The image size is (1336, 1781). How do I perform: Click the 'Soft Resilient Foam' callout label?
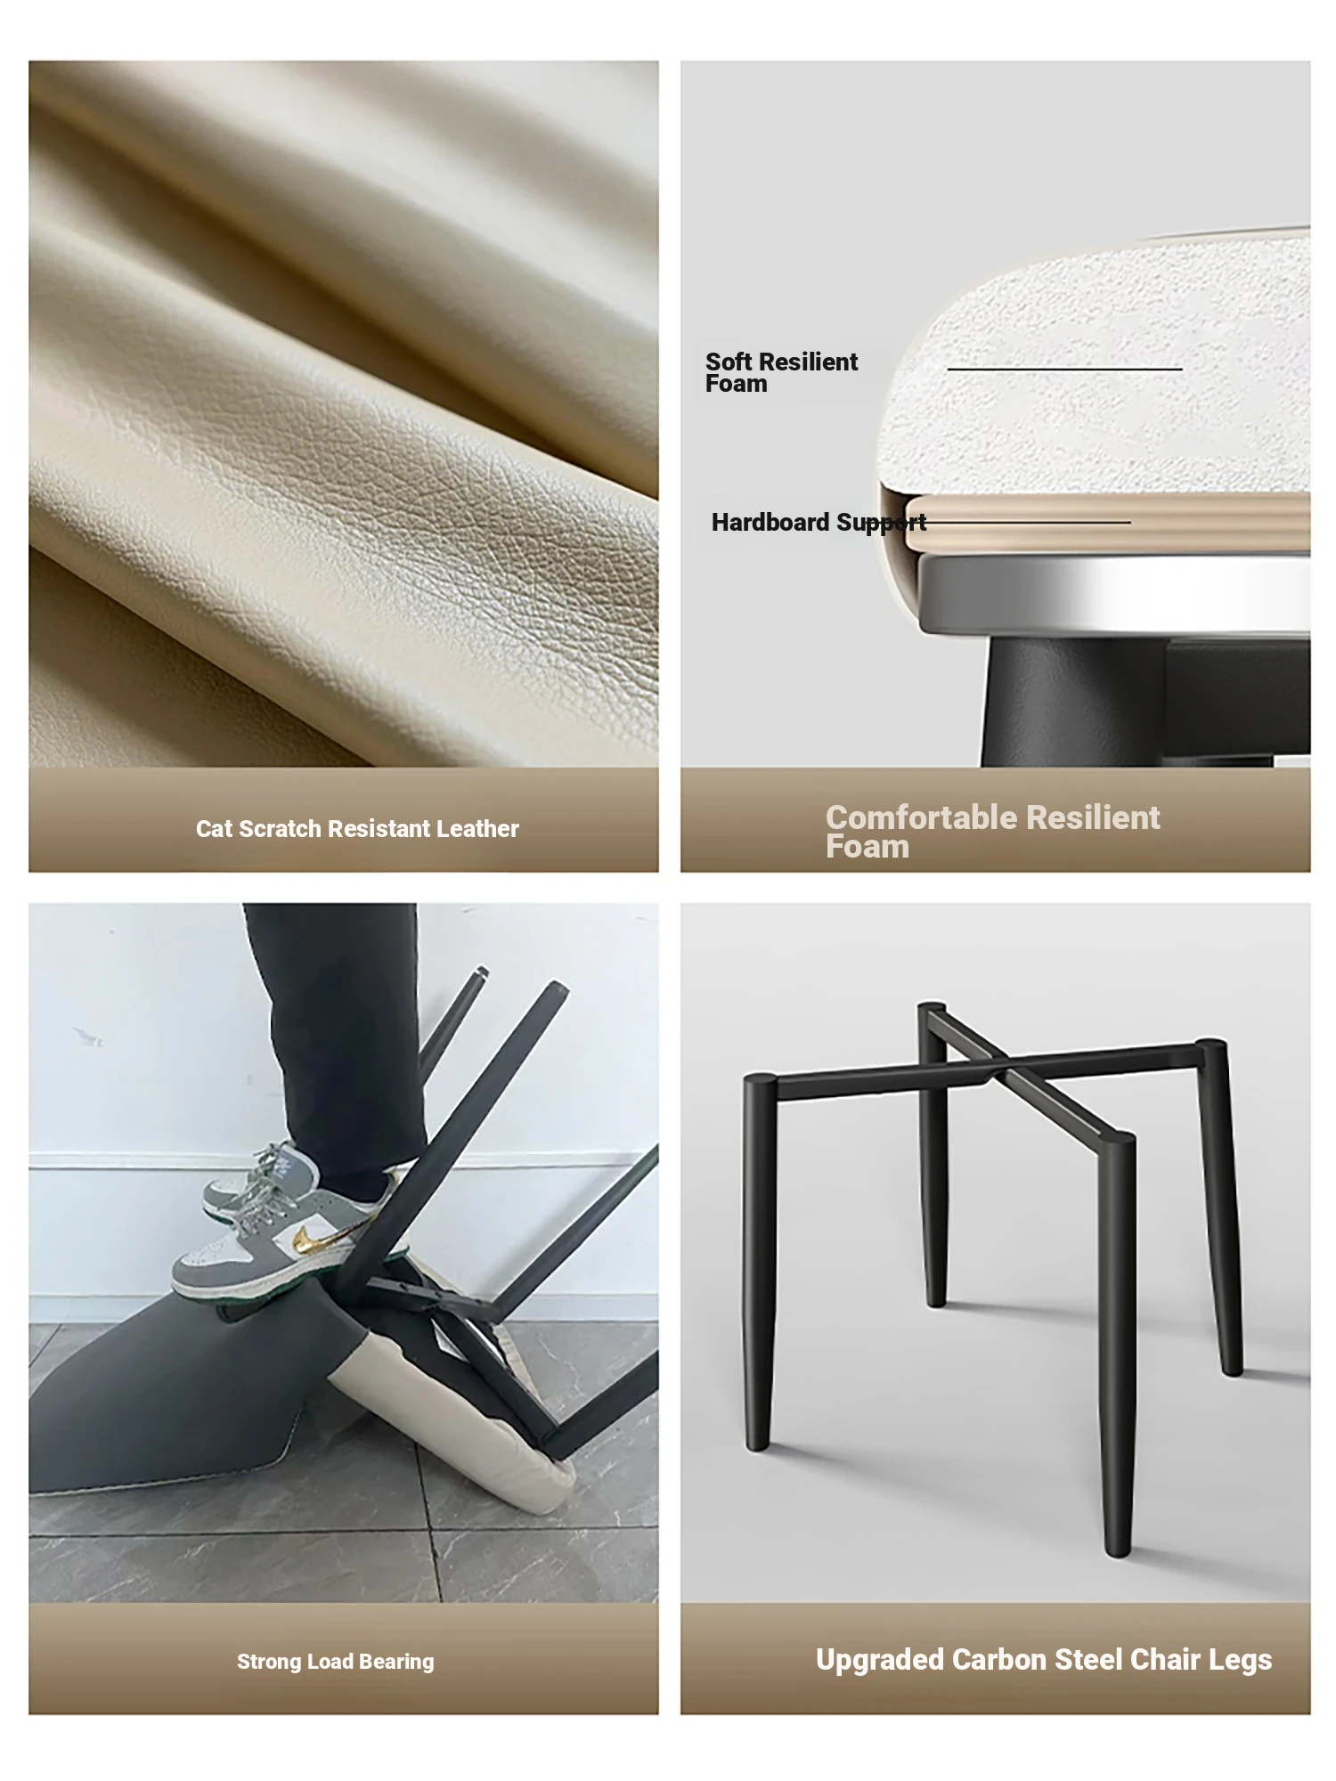pyautogui.click(x=781, y=372)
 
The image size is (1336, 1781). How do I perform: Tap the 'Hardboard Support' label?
pyautogui.click(x=819, y=523)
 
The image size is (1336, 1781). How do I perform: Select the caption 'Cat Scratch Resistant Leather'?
pyautogui.click(x=357, y=829)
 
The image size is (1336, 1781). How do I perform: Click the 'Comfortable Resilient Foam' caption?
pyautogui.click(x=992, y=832)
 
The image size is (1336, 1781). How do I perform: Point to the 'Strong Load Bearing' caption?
pyautogui.click(x=336, y=1662)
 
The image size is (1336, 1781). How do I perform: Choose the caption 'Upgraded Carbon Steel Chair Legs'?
pyautogui.click(x=1044, y=1661)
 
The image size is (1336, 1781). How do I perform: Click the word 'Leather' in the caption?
pyautogui.click(x=477, y=829)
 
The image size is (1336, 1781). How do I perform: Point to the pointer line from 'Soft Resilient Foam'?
pyautogui.click(x=1064, y=369)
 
